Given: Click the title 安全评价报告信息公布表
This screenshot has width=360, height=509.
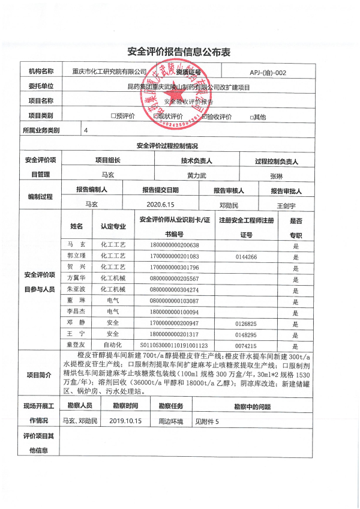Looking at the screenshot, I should point(179,52).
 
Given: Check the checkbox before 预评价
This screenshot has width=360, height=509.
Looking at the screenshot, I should point(112,116).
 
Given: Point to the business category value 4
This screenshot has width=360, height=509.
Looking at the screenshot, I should point(86,130).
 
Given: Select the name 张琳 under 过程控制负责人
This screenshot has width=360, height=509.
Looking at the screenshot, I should point(276,176).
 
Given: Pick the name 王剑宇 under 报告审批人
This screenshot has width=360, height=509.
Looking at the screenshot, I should point(286,205).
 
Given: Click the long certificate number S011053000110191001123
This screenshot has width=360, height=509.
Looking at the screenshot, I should point(174,346).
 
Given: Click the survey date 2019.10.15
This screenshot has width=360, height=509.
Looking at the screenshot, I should point(126,421).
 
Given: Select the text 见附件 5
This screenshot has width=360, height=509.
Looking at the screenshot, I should point(207,421).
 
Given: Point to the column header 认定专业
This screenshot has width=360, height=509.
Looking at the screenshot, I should point(113,227).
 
